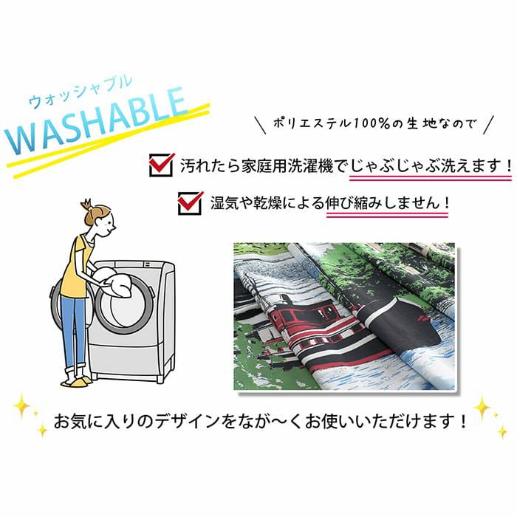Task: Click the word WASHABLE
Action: click(x=95, y=122)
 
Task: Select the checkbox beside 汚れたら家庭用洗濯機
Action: click(x=162, y=165)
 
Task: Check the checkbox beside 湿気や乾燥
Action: click(x=191, y=203)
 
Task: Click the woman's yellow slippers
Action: click(x=77, y=381)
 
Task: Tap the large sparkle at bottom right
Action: click(x=482, y=408)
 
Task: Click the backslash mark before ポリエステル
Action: click(x=261, y=124)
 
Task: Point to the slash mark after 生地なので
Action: click(x=489, y=124)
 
